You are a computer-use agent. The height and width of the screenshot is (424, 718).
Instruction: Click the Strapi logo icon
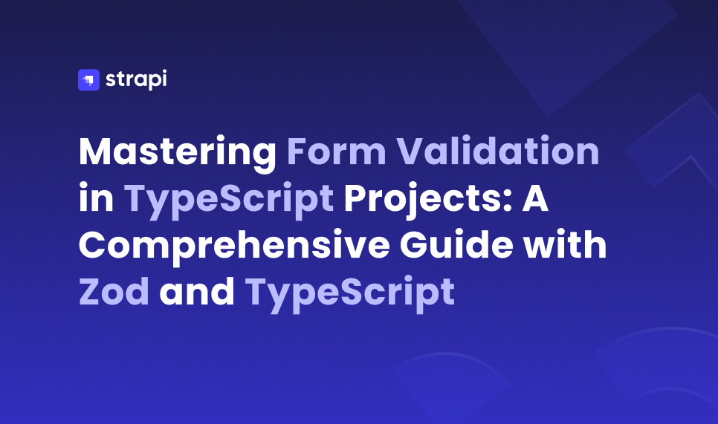(88, 79)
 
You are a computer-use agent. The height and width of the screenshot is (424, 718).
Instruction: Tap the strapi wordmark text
(136, 79)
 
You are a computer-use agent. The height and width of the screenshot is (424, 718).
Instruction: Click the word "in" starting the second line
(94, 199)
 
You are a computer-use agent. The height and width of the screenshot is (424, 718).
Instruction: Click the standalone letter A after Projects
(534, 199)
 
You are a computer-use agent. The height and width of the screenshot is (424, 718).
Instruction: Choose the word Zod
(114, 293)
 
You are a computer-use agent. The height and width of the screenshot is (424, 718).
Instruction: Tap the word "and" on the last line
(197, 293)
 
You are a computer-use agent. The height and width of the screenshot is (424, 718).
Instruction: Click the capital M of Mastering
(97, 152)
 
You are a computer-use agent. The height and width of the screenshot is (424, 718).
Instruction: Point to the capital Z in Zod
(91, 293)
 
